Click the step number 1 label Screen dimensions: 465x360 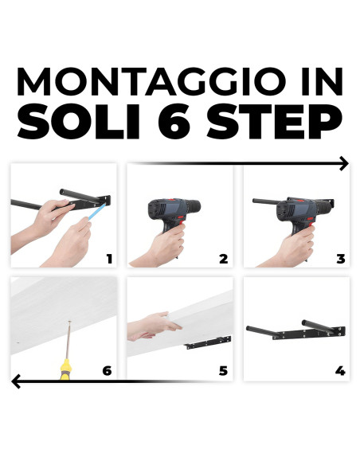tap(109, 258)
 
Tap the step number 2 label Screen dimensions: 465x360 tap(224, 258)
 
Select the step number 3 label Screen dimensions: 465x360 tap(340, 258)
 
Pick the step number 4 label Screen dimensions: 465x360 tap(340, 370)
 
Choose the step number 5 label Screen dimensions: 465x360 tap(224, 370)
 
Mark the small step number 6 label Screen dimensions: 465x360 tap(108, 370)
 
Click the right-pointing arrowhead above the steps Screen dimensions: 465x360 tap(343, 163)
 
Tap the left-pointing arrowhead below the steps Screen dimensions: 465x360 tap(16, 383)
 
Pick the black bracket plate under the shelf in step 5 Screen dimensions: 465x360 tap(209, 343)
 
